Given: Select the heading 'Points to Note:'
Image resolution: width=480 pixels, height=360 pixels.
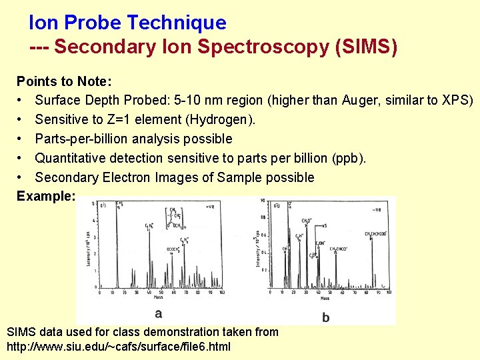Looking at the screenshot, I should coord(64,81).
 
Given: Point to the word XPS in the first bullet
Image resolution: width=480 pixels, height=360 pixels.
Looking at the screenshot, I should coord(457,101).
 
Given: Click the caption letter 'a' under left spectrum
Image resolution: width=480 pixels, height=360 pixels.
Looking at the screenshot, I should coord(158,313).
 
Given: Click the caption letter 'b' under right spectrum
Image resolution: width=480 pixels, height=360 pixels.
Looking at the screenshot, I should coord(325,317).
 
